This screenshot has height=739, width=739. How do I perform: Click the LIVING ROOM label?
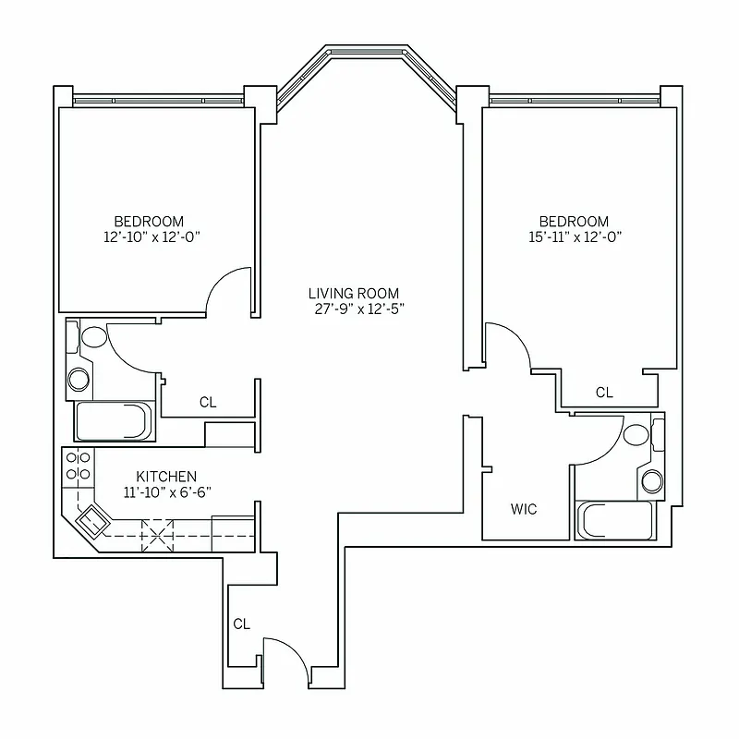point(354,294)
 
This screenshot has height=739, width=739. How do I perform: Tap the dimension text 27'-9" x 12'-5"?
point(359,309)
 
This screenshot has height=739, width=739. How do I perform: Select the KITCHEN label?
point(166,477)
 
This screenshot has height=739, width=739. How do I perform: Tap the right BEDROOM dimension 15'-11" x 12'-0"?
point(574,236)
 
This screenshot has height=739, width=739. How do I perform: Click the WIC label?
point(523,509)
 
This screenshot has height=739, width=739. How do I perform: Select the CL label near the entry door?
point(241,624)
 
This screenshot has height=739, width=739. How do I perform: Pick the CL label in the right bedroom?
point(603,393)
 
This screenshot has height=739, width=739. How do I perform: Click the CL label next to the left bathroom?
point(208,403)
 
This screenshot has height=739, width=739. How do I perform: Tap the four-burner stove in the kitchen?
point(79,466)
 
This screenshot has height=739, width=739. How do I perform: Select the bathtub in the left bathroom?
point(114,421)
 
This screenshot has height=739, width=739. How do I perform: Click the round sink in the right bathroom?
point(652,479)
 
